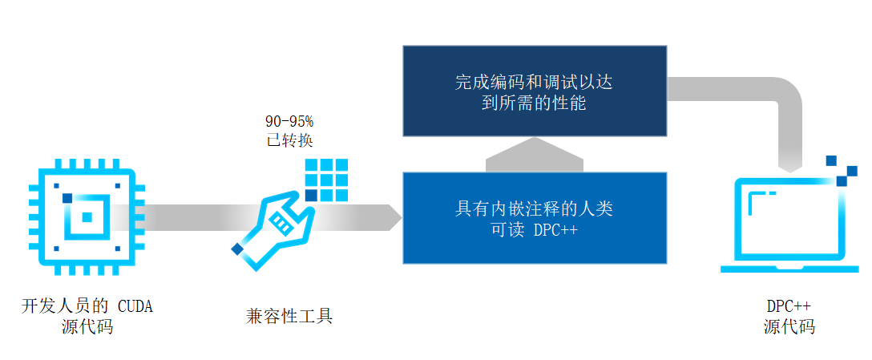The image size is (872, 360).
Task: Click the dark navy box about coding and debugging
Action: click(x=535, y=91)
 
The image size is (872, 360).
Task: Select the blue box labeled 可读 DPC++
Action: click(x=535, y=218)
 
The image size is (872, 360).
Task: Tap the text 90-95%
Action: click(x=290, y=121)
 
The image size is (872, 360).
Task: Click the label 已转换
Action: click(x=290, y=140)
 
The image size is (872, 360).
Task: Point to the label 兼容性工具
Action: click(x=289, y=316)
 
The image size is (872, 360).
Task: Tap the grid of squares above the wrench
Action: click(x=326, y=180)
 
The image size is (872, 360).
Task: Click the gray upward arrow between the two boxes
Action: click(x=535, y=155)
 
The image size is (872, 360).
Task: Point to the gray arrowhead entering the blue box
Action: click(x=394, y=217)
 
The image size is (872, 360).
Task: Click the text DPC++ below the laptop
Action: click(x=789, y=306)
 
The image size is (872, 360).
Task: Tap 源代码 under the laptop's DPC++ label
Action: click(x=789, y=326)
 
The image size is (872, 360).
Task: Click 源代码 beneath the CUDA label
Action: click(x=87, y=326)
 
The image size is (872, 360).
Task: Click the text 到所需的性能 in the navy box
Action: click(x=535, y=103)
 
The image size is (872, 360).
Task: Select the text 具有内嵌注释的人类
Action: click(x=535, y=208)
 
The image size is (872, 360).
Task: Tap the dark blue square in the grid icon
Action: click(x=312, y=196)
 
